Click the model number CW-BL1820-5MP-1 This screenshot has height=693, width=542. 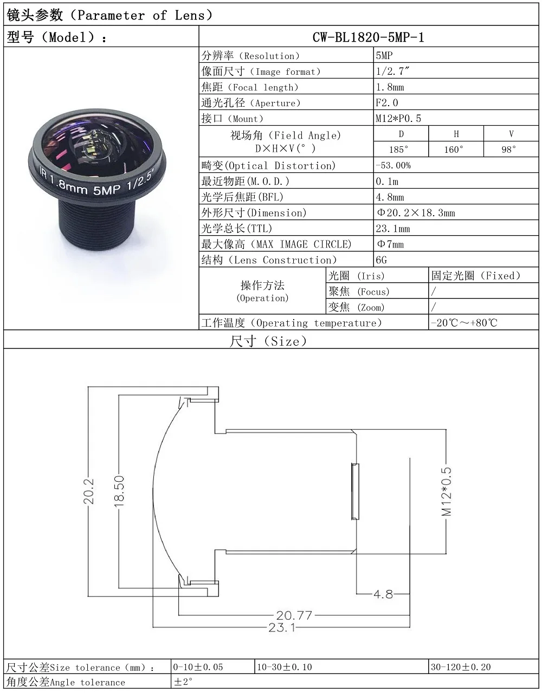pos(368,37)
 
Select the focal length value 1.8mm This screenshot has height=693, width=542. pos(390,87)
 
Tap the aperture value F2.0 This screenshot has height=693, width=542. pos(386,103)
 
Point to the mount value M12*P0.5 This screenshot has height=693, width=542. pos(398,119)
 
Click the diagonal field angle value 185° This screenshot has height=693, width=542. pos(398,149)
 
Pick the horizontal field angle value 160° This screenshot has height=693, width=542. pos(454,149)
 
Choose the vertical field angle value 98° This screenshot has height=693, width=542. pos(508,149)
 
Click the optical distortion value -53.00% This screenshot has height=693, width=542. pos(393,165)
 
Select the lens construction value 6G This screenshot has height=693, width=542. pos(381,260)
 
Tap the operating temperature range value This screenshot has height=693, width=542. pos(464,323)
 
